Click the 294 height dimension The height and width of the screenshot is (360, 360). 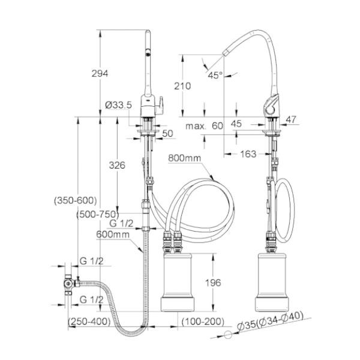coord(100,73)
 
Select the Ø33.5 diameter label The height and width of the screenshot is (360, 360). coord(118,105)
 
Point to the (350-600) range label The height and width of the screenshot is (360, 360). coord(74,200)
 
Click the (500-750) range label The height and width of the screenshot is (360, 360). coord(98,214)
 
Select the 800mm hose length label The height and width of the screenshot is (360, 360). coord(185,158)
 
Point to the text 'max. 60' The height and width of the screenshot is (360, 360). coord(204,126)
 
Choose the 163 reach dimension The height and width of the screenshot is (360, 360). coord(248,154)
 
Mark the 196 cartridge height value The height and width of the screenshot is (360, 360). coord(213,282)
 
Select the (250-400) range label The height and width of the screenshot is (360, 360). coord(89,322)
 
